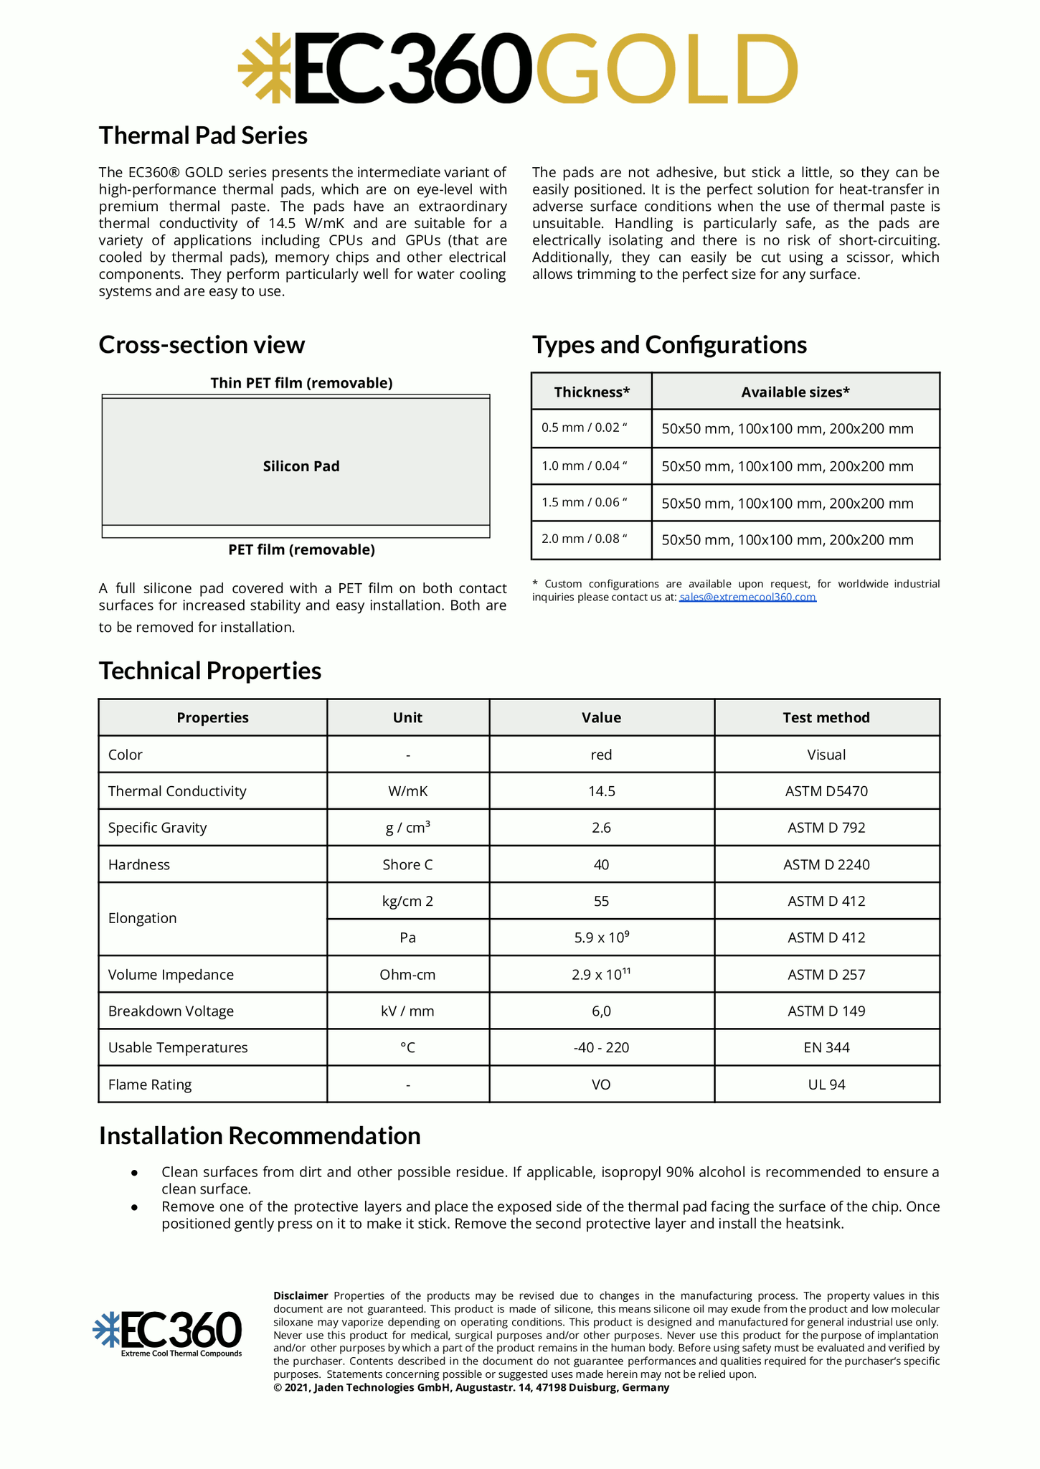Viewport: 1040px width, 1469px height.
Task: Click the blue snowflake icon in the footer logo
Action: pyautogui.click(x=105, y=1328)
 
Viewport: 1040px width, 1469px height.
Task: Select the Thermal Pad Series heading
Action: pyautogui.click(x=203, y=136)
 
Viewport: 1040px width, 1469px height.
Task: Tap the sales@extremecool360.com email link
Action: pyautogui.click(x=747, y=597)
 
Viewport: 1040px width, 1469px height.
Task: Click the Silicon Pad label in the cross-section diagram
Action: pyautogui.click(x=301, y=466)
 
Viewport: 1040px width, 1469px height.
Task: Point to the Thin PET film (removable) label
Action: pyautogui.click(x=301, y=383)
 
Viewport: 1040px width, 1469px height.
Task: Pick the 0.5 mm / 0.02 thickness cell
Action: pyautogui.click(x=585, y=428)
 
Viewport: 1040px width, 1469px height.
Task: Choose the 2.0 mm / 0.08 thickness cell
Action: pyautogui.click(x=585, y=539)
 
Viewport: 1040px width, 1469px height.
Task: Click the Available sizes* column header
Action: pyautogui.click(x=795, y=392)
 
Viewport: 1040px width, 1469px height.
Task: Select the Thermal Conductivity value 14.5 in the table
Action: pyautogui.click(x=601, y=791)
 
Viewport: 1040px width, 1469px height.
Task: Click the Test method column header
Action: pyautogui.click(x=826, y=717)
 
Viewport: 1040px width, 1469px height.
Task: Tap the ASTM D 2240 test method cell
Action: pyautogui.click(x=826, y=864)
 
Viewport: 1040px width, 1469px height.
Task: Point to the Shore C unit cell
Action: pyautogui.click(x=407, y=864)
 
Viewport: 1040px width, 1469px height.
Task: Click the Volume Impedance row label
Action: pyautogui.click(x=171, y=974)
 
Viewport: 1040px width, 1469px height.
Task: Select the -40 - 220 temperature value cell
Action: pyautogui.click(x=601, y=1047)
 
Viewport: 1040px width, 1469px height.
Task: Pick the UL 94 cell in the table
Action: pyautogui.click(x=826, y=1084)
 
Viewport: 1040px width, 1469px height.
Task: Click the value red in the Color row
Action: pyautogui.click(x=601, y=755)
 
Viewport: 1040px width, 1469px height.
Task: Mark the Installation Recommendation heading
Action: pyautogui.click(x=260, y=1135)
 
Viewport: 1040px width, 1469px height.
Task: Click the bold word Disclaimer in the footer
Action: pyautogui.click(x=301, y=1295)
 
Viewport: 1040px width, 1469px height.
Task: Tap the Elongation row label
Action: pyautogui.click(x=142, y=918)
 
